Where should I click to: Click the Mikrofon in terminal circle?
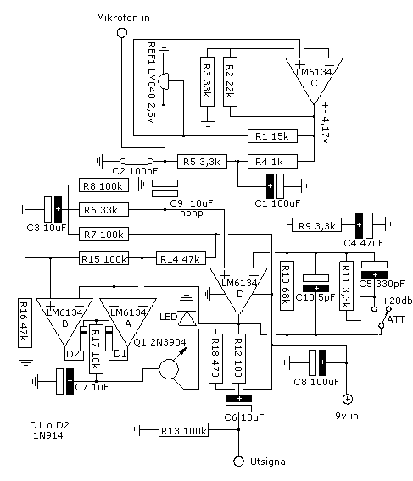122,32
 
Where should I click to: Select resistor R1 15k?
272,135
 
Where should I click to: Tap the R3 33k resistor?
207,81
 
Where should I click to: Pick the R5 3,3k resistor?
202,161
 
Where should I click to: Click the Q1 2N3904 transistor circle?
169,369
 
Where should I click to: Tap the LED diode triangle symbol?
187,318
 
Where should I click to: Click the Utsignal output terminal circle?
239,462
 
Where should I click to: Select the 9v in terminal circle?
347,399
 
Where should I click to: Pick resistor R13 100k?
183,430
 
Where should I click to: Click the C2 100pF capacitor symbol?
137,161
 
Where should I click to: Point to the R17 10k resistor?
96,349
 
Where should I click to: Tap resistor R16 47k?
25,323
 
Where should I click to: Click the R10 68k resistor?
287,285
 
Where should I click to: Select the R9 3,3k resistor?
316,225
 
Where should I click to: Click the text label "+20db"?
397,301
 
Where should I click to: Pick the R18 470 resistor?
215,358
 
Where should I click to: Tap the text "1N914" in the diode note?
48,435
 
